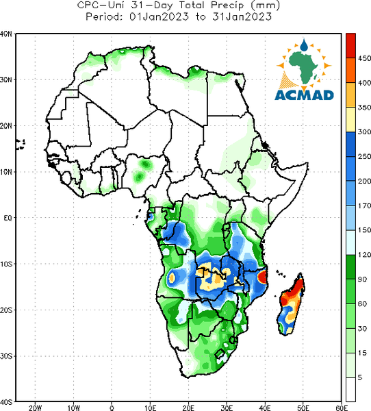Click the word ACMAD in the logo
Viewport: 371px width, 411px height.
pos(304,95)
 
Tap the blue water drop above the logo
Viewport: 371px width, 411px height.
pos(304,45)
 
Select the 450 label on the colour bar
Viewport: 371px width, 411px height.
pos(364,58)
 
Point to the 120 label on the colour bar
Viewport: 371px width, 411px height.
pos(364,254)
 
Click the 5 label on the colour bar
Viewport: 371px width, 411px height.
pos(360,377)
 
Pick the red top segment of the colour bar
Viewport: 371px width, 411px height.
pos(350,46)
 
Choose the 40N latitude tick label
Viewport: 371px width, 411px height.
pos(5,34)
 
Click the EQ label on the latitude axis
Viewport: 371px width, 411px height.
pos(8,218)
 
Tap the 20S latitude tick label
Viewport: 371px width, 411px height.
pos(6,310)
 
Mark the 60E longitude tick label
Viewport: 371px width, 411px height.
pos(342,408)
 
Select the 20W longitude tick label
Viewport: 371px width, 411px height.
pos(35,408)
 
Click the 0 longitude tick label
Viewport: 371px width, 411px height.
pos(112,408)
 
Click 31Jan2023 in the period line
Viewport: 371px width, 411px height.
pos(242,16)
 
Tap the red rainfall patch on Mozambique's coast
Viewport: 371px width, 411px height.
pos(263,277)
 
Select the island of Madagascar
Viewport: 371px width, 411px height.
pos(290,304)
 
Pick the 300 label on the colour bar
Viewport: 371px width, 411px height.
pos(364,132)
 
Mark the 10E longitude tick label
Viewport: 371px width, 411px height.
pos(150,408)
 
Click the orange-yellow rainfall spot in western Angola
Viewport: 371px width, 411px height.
pos(172,277)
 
